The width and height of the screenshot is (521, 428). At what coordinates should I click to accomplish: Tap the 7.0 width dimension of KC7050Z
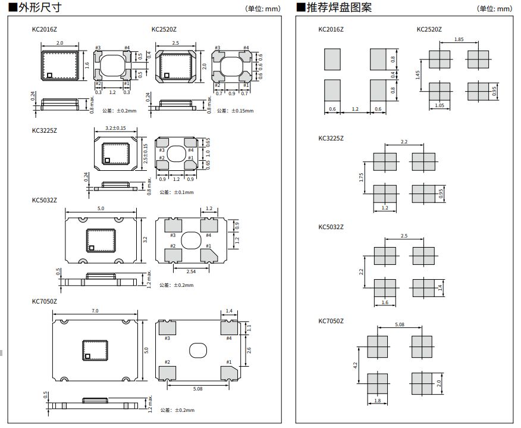click(95, 311)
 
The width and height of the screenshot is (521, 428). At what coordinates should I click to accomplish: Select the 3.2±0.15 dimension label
click(115, 128)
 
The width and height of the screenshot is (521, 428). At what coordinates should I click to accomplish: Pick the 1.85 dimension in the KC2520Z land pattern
click(459, 39)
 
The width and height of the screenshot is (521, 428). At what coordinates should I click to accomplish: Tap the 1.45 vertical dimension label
click(419, 74)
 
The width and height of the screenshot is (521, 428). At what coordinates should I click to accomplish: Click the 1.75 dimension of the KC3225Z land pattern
click(363, 178)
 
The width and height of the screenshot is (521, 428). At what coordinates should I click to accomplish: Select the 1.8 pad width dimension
click(377, 401)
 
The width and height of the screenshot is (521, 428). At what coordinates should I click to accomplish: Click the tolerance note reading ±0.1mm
click(174, 192)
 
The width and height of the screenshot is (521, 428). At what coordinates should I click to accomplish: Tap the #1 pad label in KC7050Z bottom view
click(228, 361)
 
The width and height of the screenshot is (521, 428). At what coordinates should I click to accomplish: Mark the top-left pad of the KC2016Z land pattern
click(332, 60)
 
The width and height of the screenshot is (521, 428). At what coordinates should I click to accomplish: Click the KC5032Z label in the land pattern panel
click(331, 227)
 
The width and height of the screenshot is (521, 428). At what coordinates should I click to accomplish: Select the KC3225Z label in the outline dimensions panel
click(44, 129)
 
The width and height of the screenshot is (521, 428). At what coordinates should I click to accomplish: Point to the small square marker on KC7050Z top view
click(87, 356)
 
